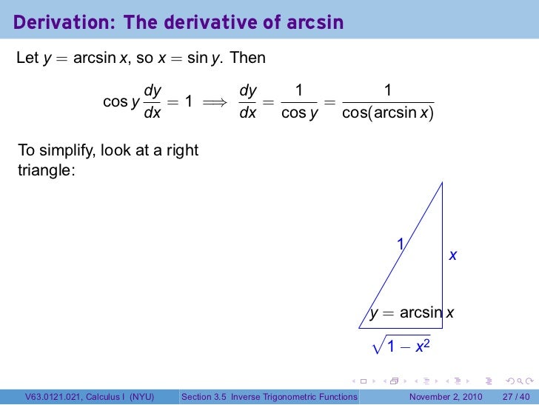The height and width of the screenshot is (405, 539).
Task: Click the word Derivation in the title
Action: point(59,23)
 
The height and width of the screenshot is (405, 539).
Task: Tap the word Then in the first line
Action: point(248,58)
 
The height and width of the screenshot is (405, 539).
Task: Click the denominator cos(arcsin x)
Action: point(388,115)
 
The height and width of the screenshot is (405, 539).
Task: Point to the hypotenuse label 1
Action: point(400,244)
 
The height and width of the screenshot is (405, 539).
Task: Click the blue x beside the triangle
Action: point(453,255)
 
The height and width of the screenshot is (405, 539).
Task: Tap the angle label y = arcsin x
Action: point(412,312)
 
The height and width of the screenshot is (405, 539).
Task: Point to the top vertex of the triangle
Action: point(443,182)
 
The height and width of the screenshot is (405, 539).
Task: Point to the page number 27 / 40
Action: point(517,397)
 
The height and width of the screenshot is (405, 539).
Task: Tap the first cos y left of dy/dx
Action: point(121,102)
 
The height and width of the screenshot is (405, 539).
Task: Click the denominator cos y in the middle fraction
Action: point(299,115)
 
